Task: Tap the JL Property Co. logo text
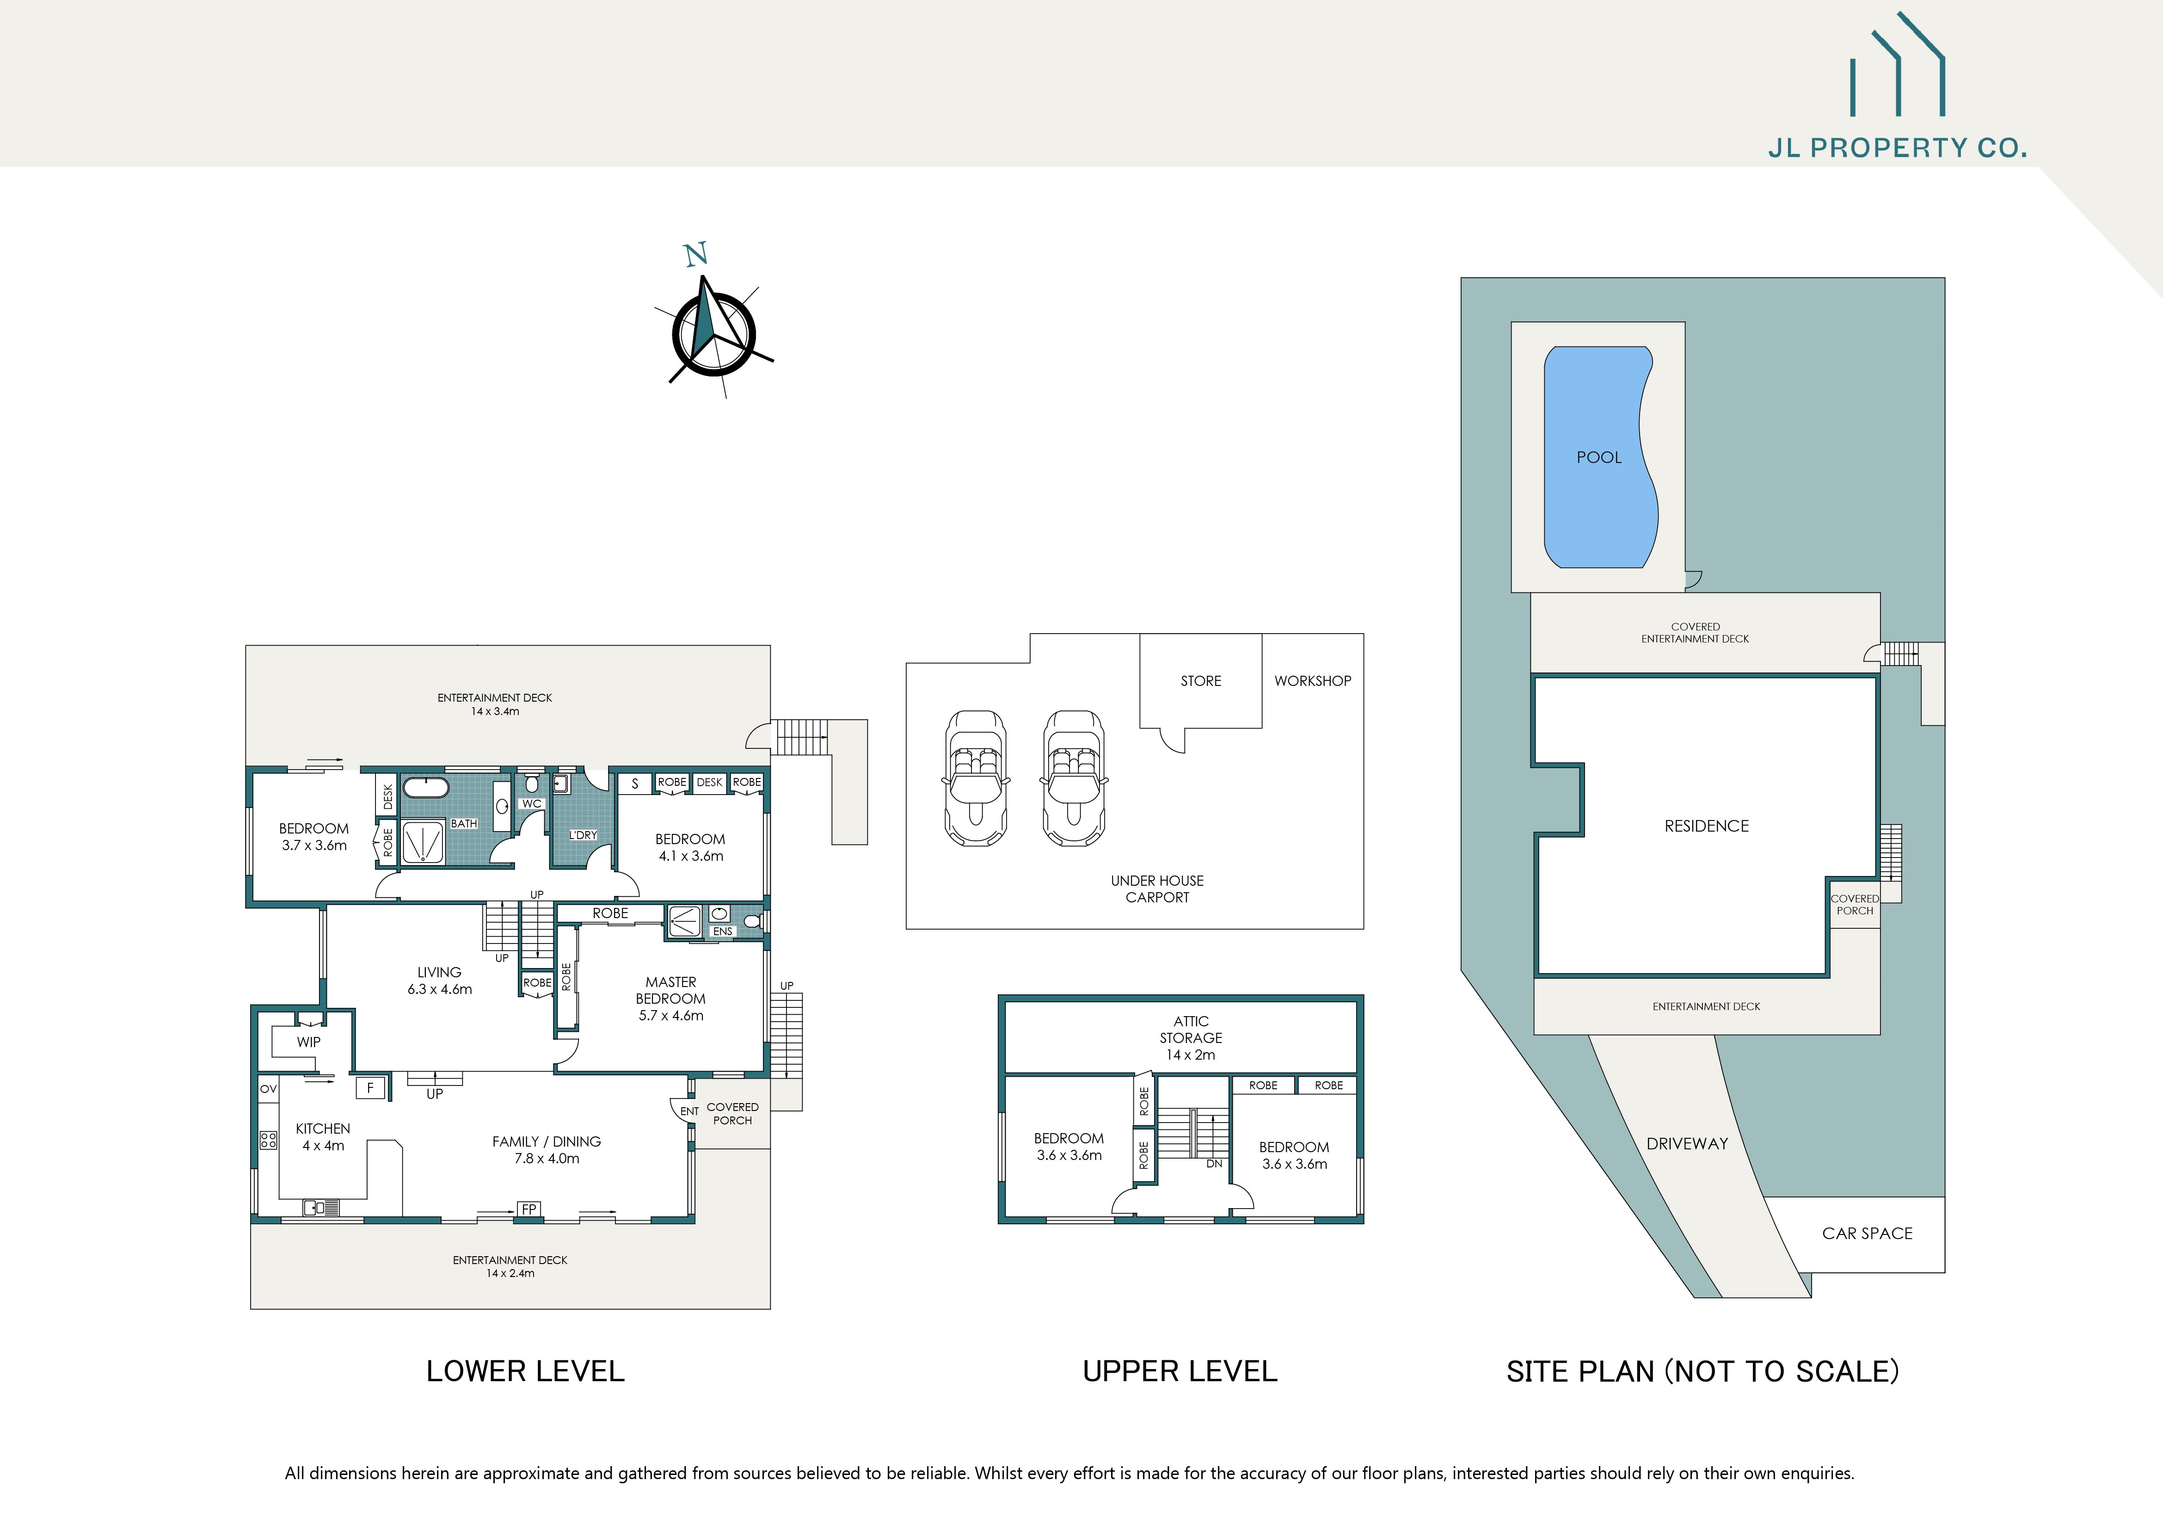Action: point(1896,148)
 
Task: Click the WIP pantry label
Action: point(308,1042)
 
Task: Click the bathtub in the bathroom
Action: point(426,788)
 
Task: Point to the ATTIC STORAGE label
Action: point(1191,1037)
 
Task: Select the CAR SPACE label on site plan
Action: point(1866,1233)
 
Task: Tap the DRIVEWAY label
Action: point(1686,1144)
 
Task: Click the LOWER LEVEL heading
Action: point(525,1371)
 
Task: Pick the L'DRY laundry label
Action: point(582,835)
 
